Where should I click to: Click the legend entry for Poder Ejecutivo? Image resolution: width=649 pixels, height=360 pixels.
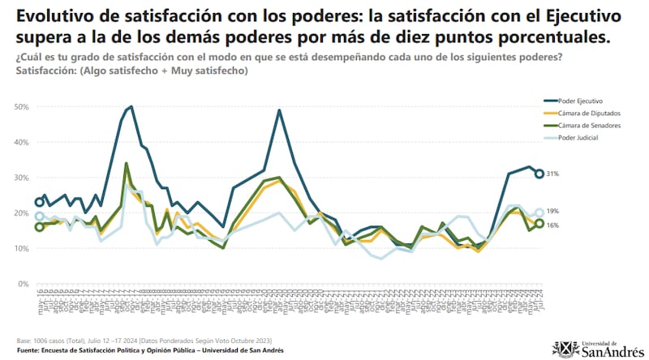point(579,101)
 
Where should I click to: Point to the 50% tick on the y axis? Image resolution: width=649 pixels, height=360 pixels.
point(22,107)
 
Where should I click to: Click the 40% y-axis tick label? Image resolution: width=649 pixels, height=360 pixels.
point(22,142)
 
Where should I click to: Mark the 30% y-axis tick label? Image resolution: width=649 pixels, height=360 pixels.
point(22,178)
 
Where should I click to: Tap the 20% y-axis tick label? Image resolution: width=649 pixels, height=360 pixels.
point(22,213)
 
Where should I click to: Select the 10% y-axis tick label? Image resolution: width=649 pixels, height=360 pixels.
point(22,248)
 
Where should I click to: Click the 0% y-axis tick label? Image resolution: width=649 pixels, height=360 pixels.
point(24,284)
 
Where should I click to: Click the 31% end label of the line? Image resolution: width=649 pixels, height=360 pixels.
point(553,174)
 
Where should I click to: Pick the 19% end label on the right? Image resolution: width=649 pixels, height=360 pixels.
point(553,211)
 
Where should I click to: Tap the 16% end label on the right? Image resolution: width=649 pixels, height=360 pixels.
point(553,225)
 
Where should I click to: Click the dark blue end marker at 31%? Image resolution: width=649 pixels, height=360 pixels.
point(539,174)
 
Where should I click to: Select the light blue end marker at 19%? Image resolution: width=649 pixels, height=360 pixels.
point(539,213)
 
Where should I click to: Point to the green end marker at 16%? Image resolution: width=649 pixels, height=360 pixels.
point(539,225)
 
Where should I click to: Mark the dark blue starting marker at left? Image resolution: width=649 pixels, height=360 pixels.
point(40,203)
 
